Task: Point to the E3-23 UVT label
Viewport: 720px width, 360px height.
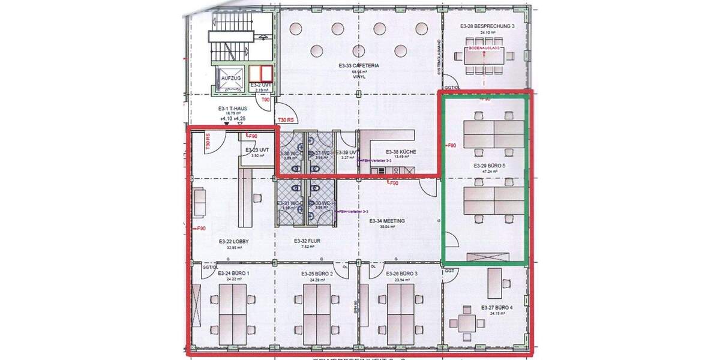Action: (256, 150)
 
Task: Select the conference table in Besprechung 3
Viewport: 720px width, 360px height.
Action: (485, 56)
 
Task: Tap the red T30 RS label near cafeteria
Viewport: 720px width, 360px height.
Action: (284, 120)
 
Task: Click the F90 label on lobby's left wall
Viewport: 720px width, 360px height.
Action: (201, 228)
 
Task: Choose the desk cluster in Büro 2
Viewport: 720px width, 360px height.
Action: (317, 311)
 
